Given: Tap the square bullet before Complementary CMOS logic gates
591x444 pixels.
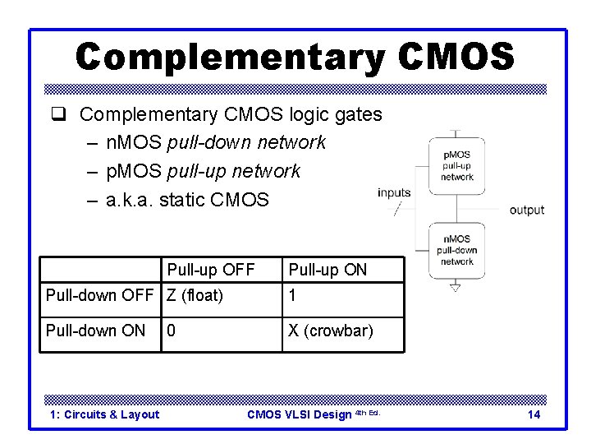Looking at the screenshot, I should (x=66, y=114).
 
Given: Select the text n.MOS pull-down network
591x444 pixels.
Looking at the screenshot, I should (x=216, y=142).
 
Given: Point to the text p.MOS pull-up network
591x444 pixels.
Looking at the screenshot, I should (x=203, y=171).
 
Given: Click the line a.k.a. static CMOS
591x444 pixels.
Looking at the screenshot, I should (x=187, y=199).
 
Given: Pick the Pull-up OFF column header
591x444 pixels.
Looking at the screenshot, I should (x=211, y=270).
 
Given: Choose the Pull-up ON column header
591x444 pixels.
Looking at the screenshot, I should (x=327, y=270).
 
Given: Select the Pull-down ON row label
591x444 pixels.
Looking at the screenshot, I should (x=95, y=331).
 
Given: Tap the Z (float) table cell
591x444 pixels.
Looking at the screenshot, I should (x=195, y=296).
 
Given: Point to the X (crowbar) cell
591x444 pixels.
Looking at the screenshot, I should (x=330, y=331).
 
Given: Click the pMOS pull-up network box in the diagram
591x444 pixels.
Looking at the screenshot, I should (x=457, y=165).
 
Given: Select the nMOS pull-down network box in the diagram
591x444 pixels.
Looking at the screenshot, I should (x=457, y=250).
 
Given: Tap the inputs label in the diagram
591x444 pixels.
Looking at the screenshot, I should (x=394, y=192).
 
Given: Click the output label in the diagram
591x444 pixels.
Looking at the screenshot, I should (x=526, y=210).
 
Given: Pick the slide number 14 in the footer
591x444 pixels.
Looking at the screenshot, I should (x=534, y=414).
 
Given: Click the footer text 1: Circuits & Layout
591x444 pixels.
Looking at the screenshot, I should (x=104, y=414).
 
